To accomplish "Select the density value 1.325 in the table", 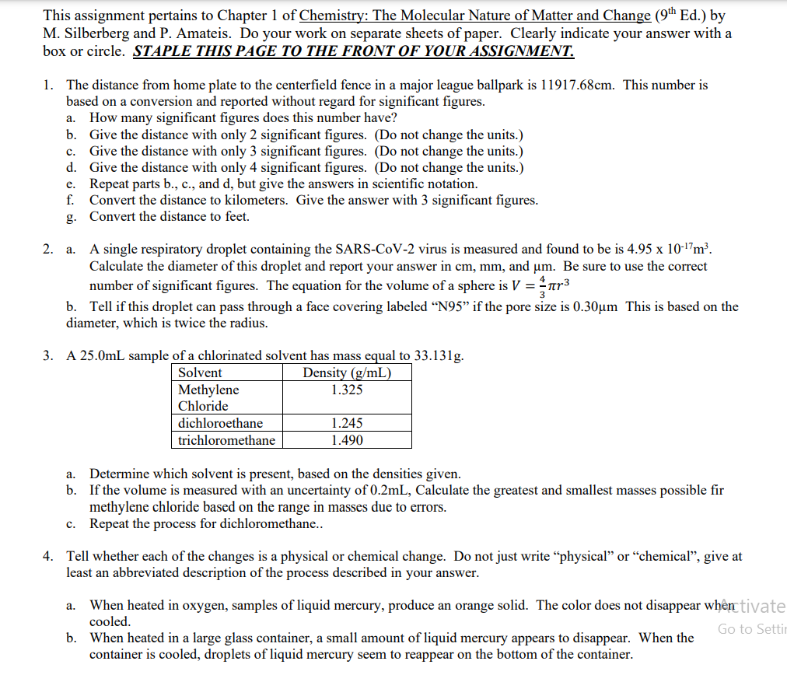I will click(x=346, y=390).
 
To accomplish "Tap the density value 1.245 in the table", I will click(x=346, y=424).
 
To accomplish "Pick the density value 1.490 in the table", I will click(x=346, y=440).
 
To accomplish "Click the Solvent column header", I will click(x=200, y=373).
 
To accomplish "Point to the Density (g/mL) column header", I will click(x=346, y=373).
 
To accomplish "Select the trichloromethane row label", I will click(x=226, y=440).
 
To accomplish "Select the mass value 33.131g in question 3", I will click(x=438, y=357).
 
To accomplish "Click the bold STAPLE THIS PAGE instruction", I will click(x=354, y=52).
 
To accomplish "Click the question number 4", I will click(x=48, y=557).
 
